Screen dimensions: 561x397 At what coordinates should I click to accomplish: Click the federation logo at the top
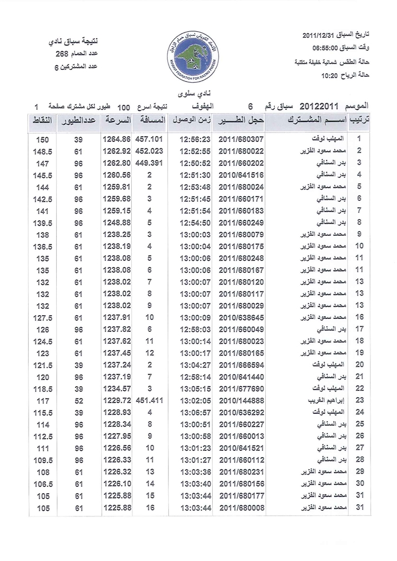198,50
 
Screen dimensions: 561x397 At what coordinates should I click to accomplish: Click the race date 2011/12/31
319,36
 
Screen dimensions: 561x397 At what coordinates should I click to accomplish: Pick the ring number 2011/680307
240,140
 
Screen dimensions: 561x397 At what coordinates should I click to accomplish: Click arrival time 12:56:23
195,140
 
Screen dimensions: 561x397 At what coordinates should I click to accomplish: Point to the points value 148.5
42,152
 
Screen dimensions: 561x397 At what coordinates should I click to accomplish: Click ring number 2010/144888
240,400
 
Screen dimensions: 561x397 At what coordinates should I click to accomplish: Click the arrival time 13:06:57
195,412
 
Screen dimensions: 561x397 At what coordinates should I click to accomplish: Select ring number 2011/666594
240,364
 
